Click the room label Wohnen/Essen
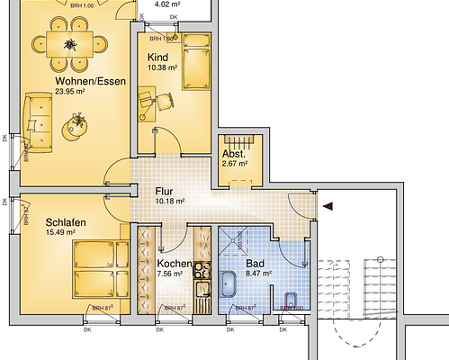[66, 80]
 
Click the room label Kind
[157, 58]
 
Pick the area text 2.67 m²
[237, 164]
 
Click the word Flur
[164, 191]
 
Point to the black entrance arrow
[328, 206]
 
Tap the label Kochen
[163, 264]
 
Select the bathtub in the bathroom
[229, 283]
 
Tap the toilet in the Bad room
[290, 298]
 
